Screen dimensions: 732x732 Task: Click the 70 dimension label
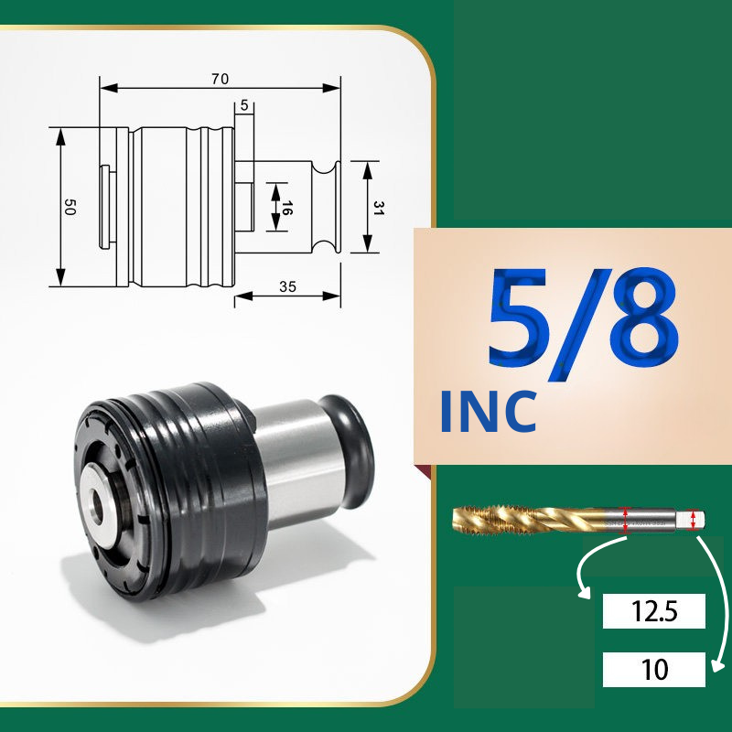point(220,79)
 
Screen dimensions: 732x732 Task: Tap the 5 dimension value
point(244,105)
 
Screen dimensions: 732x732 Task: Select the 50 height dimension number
point(70,207)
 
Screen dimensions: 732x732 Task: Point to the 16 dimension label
point(286,208)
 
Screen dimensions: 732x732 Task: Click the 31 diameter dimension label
point(379,208)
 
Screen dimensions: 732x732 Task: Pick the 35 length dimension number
point(287,286)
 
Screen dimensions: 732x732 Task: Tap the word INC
point(489,412)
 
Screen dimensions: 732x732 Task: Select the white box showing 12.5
point(653,611)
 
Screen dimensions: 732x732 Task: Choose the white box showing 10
point(653,670)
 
